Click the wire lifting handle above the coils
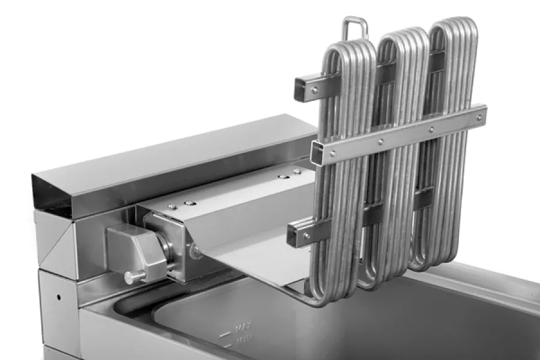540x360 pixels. (x=355, y=27)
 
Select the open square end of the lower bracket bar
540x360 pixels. (x=295, y=233)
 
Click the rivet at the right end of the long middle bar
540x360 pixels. (x=478, y=118)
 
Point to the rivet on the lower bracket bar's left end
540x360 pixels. (x=308, y=236)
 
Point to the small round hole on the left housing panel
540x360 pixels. (x=58, y=297)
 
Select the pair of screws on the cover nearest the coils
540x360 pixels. (x=288, y=176)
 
